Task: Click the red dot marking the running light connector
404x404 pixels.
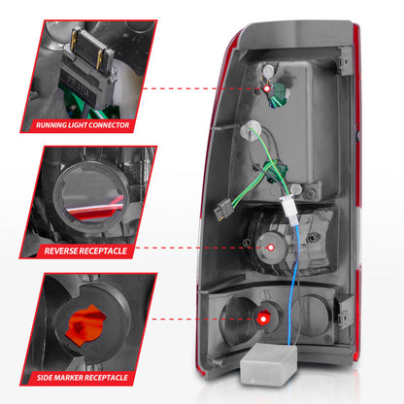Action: pyautogui.click(x=267, y=87)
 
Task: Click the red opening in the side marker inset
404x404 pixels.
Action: pyautogui.click(x=92, y=320)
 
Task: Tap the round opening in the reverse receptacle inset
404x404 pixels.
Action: pyautogui.click(x=94, y=194)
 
